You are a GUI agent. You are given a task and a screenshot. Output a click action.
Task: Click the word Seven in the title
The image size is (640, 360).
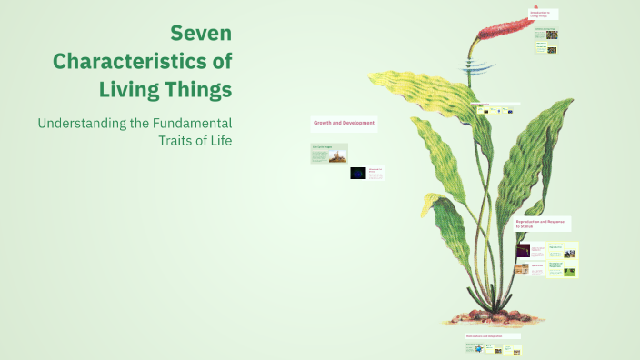click(201, 34)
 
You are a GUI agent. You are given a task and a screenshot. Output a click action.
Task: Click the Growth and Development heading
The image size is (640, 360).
click(345, 122)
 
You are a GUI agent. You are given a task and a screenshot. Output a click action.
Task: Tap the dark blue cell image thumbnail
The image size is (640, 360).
click(359, 173)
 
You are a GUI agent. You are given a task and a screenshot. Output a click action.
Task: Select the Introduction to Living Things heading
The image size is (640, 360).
click(544, 14)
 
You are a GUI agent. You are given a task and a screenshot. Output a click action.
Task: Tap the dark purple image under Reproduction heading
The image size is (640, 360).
click(524, 250)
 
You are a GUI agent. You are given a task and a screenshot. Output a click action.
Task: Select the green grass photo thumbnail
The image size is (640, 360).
click(569, 271)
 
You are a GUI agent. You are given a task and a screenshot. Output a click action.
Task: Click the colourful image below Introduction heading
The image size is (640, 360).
click(552, 35)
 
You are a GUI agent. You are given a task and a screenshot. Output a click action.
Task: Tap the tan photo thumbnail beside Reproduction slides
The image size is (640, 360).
click(524, 269)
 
